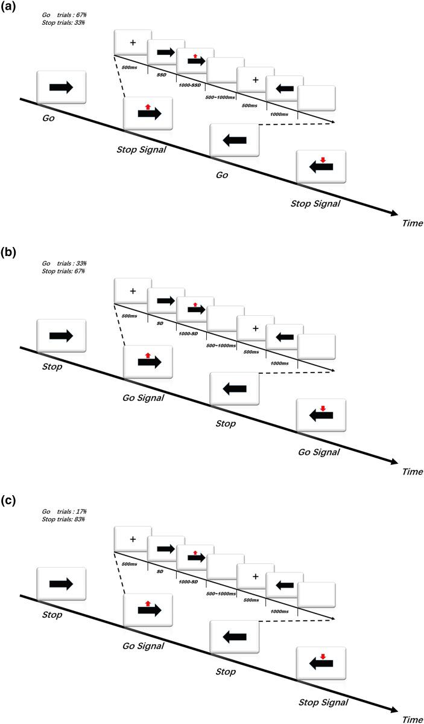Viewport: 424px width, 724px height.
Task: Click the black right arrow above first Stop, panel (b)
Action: point(61,335)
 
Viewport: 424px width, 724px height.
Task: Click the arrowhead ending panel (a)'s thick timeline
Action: point(393,213)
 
